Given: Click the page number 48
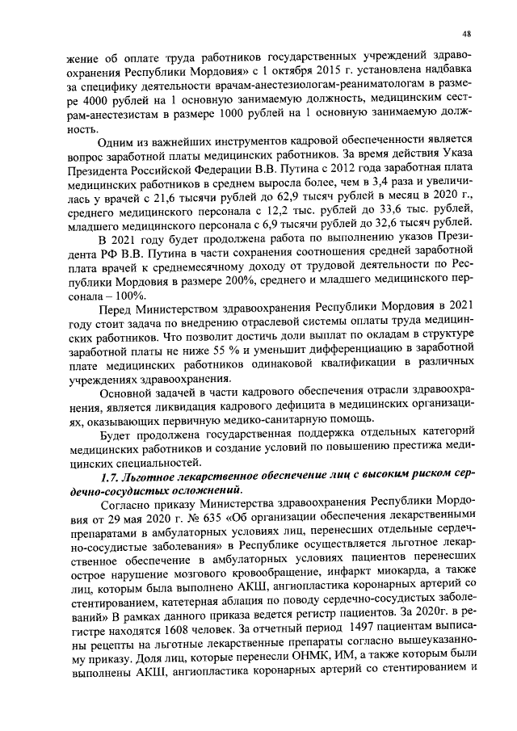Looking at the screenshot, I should pos(467,33).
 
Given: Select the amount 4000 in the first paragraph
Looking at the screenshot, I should pos(95,99).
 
